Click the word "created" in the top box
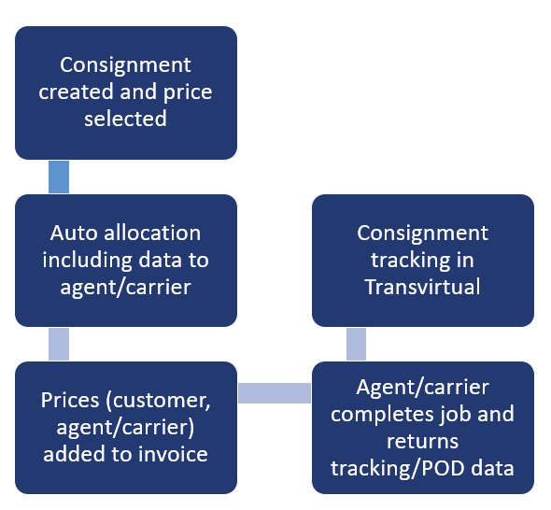point(77,92)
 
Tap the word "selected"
point(125,119)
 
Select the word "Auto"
point(74,233)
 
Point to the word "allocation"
point(152,233)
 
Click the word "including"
point(87,261)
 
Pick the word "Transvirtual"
point(422,287)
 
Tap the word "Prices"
point(70,401)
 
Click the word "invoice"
point(173,454)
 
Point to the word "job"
point(456,414)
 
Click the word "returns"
point(422,442)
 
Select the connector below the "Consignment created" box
point(59,177)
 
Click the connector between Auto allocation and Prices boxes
point(59,344)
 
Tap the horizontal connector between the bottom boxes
point(275,393)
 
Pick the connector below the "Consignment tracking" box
point(356,344)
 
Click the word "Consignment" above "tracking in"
point(422,233)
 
